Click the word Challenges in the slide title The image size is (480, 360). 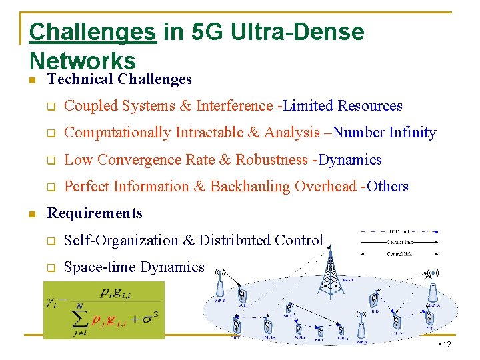tap(93, 33)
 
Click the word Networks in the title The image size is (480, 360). tap(83, 61)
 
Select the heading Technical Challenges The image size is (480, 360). tap(119, 79)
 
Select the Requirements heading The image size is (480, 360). tap(95, 213)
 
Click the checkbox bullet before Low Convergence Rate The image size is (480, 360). tap(49, 161)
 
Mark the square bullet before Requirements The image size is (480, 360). tap(31, 214)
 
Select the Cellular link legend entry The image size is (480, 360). tap(400, 243)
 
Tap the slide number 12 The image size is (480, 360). tap(446, 344)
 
